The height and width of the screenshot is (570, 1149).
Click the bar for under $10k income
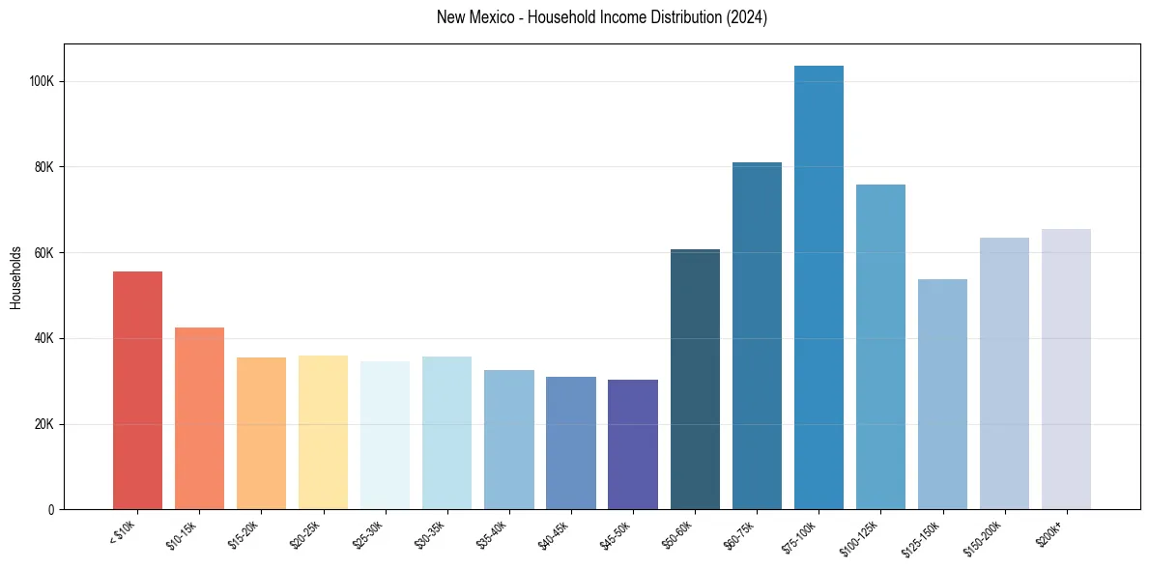coord(137,390)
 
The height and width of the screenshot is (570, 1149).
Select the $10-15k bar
coord(199,418)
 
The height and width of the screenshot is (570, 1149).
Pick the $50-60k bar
coord(695,379)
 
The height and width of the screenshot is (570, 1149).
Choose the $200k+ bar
coord(1066,369)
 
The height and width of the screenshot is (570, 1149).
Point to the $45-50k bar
coord(633,444)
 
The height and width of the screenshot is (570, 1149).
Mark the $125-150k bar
coord(942,394)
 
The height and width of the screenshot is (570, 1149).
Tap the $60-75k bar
coord(757,335)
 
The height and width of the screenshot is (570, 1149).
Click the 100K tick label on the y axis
coord(43,81)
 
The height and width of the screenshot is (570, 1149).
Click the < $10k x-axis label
coord(124,532)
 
